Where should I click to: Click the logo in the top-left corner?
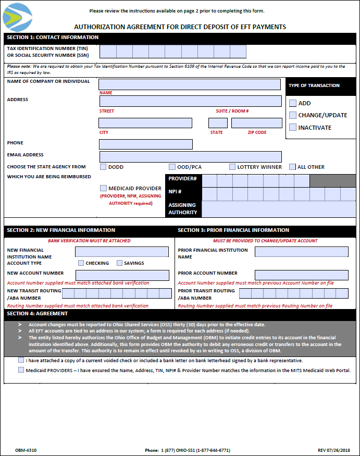click(17, 17)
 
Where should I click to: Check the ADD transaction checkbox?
click(293, 103)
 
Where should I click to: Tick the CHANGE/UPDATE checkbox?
click(293, 115)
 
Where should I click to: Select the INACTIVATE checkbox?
click(293, 127)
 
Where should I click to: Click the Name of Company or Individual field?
click(190, 84)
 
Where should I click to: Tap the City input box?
click(145, 123)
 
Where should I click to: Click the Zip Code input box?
click(256, 123)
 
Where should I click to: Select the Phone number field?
click(146, 144)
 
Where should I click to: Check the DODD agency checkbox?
click(103, 167)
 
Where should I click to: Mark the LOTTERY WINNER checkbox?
click(232, 167)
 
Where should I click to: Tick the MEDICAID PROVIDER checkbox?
click(103, 188)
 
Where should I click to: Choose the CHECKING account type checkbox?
click(81, 263)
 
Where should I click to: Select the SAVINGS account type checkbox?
click(119, 263)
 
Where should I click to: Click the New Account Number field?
click(122, 275)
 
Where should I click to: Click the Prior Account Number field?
click(301, 275)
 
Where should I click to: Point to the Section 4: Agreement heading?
click(37, 314)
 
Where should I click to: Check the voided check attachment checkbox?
click(21, 360)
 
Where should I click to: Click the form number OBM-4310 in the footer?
click(26, 450)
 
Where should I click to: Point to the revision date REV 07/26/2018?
click(334, 450)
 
